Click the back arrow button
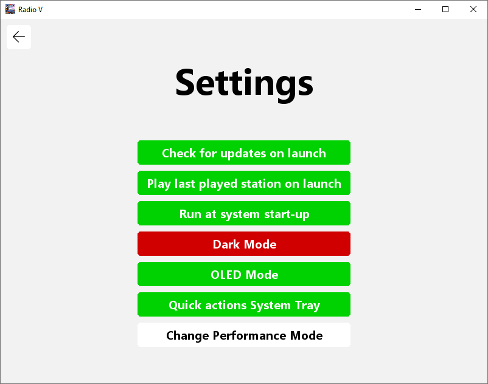(19, 37)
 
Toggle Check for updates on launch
(244, 153)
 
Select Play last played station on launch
(244, 183)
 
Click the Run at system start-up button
(244, 213)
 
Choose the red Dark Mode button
(244, 244)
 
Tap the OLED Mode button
(244, 275)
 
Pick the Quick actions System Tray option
(244, 305)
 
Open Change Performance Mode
(244, 335)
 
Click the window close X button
(473, 9)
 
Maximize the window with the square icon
(445, 9)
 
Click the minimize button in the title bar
(418, 9)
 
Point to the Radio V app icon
(10, 9)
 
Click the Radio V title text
(30, 10)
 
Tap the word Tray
(307, 306)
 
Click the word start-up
(287, 214)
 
